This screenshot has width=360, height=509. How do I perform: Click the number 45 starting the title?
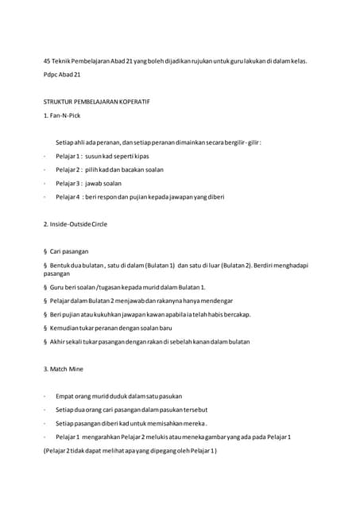tap(47, 60)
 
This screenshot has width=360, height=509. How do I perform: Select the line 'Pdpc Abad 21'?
tap(62, 74)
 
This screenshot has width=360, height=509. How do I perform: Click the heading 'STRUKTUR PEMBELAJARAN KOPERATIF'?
tap(96, 103)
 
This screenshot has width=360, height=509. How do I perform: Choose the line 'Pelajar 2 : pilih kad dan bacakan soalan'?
tap(110, 169)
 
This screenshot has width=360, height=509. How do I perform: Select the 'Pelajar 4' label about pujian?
tap(68, 196)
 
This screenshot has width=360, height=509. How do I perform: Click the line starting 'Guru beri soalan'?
tap(127, 287)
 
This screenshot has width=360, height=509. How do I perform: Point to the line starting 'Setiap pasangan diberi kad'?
tap(131, 423)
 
